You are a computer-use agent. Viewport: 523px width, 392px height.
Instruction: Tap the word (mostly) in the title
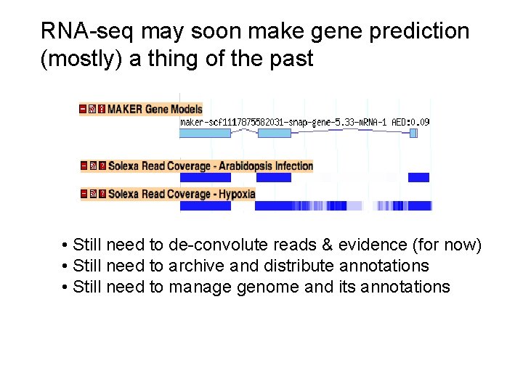[x=81, y=60]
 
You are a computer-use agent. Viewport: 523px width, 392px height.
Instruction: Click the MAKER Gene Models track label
[x=155, y=109]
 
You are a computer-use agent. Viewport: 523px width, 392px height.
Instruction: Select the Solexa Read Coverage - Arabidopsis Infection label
[x=211, y=166]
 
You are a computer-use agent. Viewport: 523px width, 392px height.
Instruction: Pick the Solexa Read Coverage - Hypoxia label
[x=182, y=194]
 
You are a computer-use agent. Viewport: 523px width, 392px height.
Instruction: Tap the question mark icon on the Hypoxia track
[x=102, y=194]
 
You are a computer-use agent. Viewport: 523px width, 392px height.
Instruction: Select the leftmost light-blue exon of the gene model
[x=205, y=133]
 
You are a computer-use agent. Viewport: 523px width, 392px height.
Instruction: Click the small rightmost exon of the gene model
[x=413, y=133]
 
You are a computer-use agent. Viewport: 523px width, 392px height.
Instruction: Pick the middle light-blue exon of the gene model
[x=274, y=133]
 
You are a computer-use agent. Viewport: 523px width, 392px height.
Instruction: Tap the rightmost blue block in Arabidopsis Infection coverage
[x=418, y=177]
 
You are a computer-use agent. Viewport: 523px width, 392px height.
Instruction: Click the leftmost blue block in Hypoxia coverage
[x=205, y=205]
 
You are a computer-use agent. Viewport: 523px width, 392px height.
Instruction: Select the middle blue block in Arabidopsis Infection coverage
[x=274, y=177]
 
